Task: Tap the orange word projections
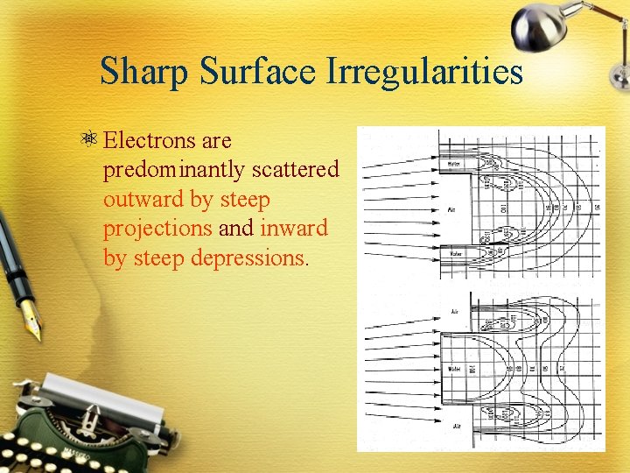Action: coord(157,229)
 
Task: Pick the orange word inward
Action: coord(294,229)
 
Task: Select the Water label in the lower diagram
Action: coord(453,368)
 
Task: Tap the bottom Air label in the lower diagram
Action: coord(454,427)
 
